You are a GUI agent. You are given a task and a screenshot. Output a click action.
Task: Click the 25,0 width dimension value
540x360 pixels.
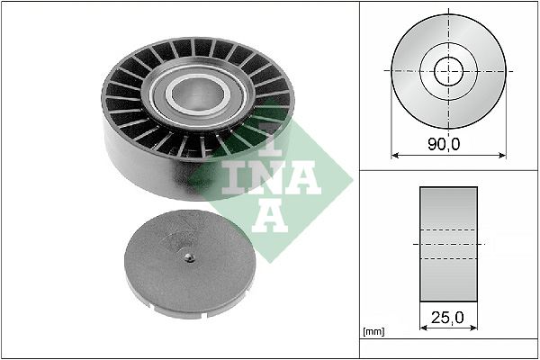click(448, 319)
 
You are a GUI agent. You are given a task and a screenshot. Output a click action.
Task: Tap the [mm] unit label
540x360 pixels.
click(373, 332)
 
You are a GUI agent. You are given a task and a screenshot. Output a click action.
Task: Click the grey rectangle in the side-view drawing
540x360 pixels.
click(448, 245)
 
